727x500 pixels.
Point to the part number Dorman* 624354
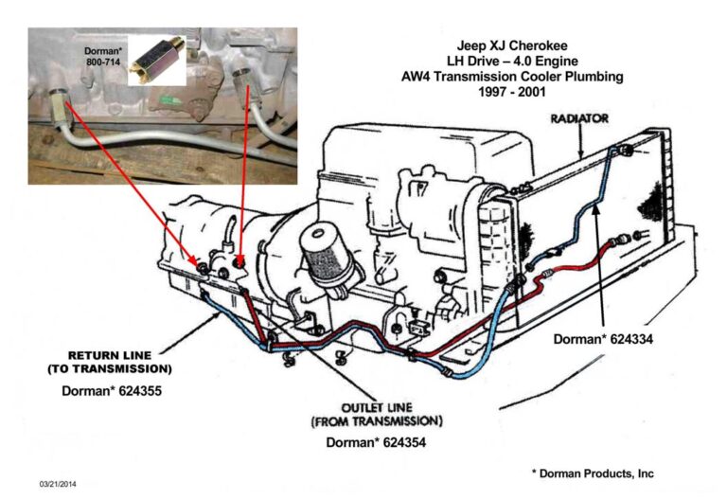coord(374,441)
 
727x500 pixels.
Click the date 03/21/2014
coord(61,484)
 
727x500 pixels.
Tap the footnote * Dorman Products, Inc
coord(592,473)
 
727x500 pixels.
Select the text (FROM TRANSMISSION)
coord(376,420)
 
